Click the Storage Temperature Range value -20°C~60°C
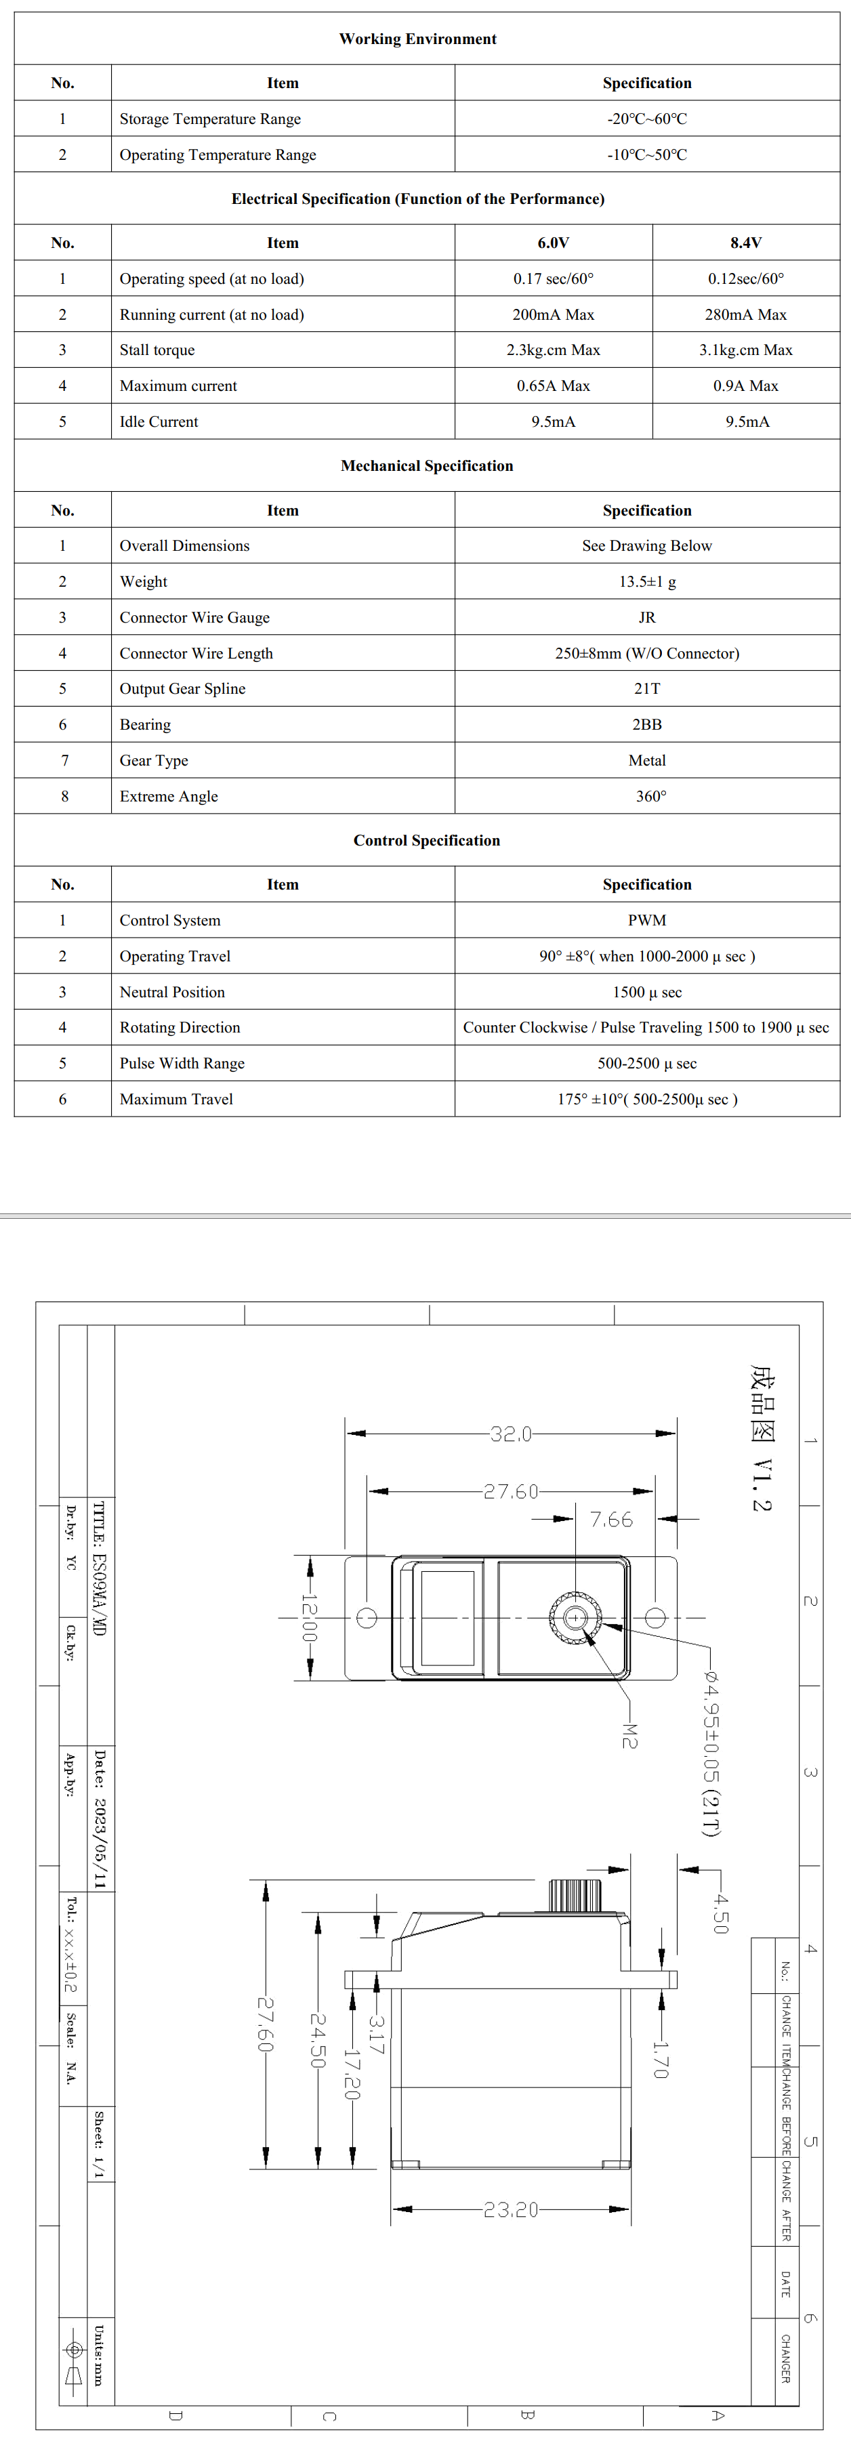click(x=647, y=119)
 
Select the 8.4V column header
click(x=746, y=243)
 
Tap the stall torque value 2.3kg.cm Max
click(x=554, y=350)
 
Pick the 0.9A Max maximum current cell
click(x=746, y=386)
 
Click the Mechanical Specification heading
click(x=426, y=465)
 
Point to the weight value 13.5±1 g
click(x=647, y=582)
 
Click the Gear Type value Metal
click(x=647, y=760)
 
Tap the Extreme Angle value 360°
click(x=650, y=797)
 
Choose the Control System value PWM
click(x=647, y=921)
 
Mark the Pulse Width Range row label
click(x=182, y=1064)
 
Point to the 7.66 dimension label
click(x=610, y=1519)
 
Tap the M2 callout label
click(x=629, y=1734)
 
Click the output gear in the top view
click(x=575, y=1617)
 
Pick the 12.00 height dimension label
click(x=309, y=1617)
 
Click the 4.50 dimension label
click(x=720, y=1913)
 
